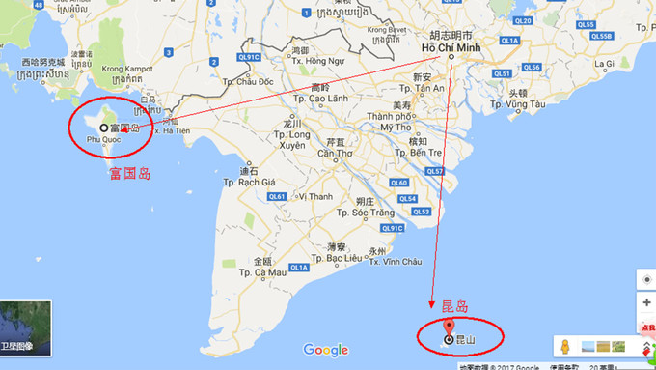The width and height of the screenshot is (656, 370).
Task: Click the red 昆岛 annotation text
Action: [453, 307]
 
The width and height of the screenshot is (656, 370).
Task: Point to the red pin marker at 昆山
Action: [449, 338]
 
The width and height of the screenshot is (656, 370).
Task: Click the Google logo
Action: [325, 350]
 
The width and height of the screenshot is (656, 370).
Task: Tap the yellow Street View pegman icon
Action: [564, 346]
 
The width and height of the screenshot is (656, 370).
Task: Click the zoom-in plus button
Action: [646, 302]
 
